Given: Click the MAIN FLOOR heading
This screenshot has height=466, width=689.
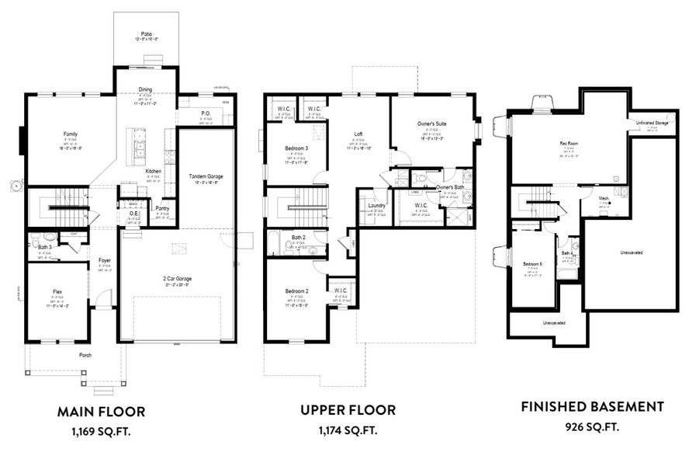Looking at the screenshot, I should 101,410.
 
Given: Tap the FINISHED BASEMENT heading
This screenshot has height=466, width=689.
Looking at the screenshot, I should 592,406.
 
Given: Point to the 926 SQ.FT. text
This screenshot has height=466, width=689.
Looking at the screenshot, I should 592,426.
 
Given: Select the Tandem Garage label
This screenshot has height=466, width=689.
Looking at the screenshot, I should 206,176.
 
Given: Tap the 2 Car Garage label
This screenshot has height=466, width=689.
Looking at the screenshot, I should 178,278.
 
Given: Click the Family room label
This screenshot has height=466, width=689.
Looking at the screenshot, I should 70,134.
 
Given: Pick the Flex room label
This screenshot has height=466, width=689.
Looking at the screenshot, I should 57,292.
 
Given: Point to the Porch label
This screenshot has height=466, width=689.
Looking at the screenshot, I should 85,355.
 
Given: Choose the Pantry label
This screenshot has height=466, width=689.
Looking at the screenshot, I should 162,208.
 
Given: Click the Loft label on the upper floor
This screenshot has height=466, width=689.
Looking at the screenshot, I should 358,134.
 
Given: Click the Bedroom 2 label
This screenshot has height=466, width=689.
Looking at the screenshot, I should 296,291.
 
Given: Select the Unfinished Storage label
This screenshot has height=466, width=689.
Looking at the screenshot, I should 651,123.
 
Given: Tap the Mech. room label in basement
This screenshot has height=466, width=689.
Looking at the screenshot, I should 604,199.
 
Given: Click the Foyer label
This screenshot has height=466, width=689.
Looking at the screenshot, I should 105,260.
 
